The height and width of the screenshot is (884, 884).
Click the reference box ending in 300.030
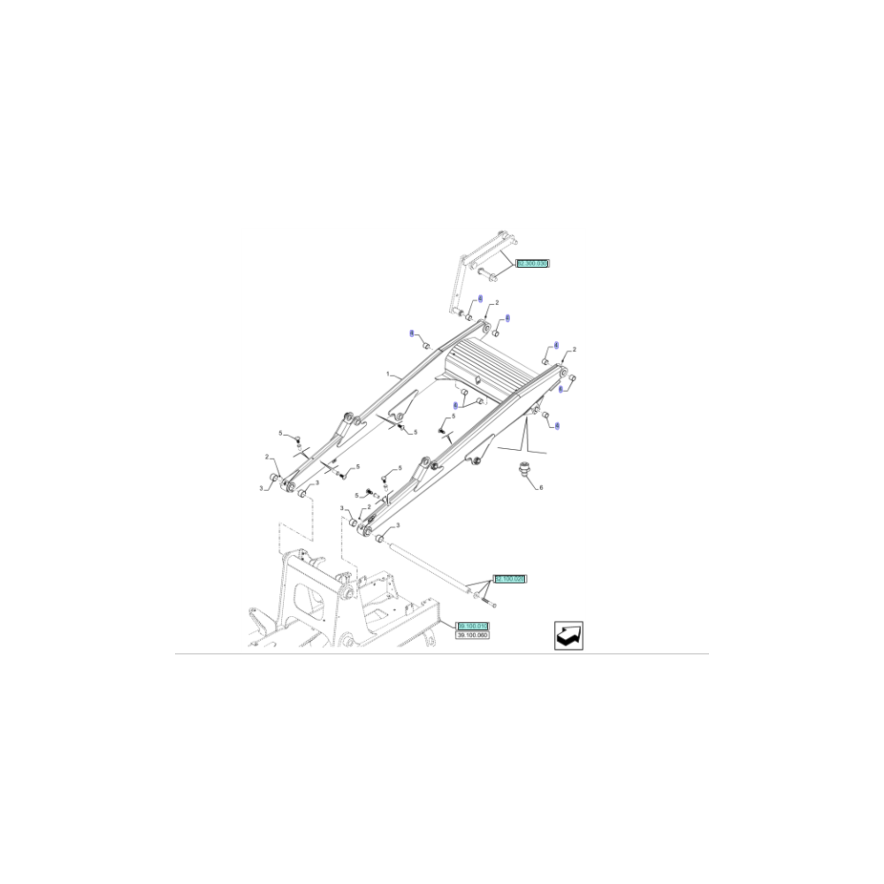532,263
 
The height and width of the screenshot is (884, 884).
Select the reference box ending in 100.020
510,578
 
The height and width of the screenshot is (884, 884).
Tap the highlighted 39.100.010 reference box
472,626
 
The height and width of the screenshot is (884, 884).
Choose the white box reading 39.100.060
472,635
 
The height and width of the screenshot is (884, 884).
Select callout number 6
541,488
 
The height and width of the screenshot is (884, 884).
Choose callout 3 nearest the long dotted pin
343,509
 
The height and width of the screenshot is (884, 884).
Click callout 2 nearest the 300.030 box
497,303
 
